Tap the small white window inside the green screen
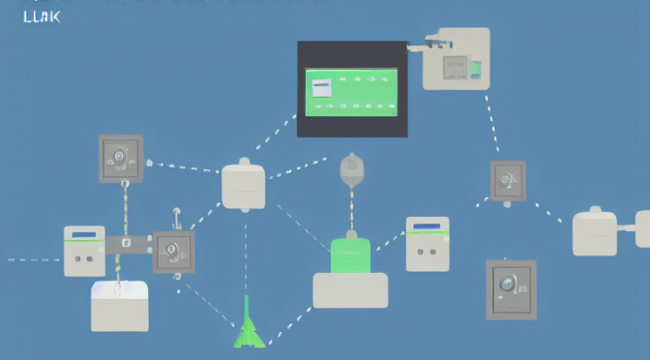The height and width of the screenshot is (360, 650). coord(321,88)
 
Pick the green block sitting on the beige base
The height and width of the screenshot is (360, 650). coord(351,255)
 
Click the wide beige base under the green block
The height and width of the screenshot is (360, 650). coord(350,290)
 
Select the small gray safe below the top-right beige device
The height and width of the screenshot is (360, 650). coord(507,180)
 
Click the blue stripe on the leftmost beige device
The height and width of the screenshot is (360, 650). coord(84,235)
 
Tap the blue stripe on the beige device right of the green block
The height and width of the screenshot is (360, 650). coord(428,227)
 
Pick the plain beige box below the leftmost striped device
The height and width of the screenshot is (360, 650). coord(120,306)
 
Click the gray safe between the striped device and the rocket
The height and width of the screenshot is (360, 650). coord(174,252)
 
